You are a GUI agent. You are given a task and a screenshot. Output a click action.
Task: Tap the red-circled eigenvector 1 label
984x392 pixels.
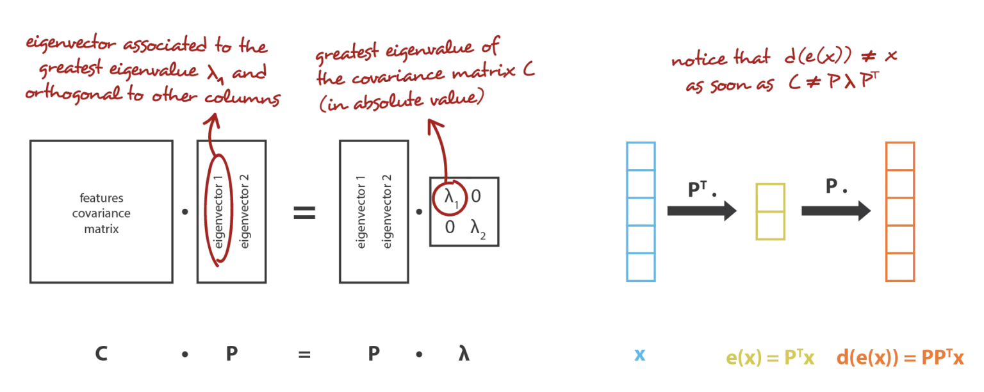point(218,211)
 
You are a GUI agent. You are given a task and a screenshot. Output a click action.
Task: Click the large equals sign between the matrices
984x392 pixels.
point(304,213)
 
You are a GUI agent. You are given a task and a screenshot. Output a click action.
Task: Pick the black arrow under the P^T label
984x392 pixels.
point(701,211)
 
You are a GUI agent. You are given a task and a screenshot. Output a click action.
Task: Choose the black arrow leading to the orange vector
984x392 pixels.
point(836,211)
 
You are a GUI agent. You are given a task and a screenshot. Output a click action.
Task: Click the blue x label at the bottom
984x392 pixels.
point(639,355)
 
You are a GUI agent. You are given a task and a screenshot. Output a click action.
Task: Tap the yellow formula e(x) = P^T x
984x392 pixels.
point(770,357)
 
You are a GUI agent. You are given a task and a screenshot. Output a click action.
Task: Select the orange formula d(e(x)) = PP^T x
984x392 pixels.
point(900,357)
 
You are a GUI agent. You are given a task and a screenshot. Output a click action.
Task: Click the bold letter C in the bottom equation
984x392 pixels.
point(101,354)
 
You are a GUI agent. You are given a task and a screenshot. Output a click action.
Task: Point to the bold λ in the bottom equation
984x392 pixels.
point(464,354)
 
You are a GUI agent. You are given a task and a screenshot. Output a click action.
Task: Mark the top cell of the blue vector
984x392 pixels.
point(641,156)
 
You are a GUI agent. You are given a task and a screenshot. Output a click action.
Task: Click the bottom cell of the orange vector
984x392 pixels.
point(900,267)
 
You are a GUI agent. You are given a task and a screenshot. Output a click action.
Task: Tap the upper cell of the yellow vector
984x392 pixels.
point(771,198)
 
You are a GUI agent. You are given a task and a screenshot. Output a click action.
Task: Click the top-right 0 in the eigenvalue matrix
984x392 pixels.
point(476,197)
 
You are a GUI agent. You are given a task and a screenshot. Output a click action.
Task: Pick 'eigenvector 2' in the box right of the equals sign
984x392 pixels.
point(387,211)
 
